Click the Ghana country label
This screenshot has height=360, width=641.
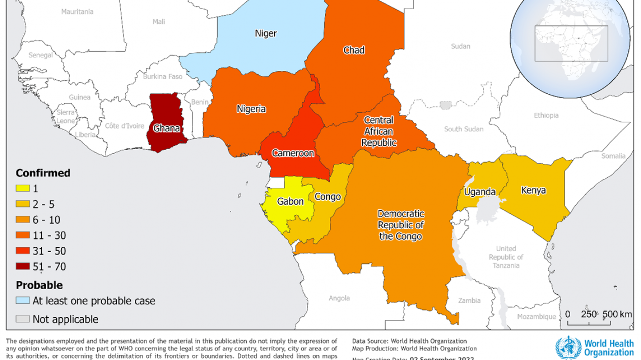166,129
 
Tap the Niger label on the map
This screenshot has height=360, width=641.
266,33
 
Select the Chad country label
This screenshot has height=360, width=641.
354,50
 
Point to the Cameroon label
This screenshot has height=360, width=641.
293,153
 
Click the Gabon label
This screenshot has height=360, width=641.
290,202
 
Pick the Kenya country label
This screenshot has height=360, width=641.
533,191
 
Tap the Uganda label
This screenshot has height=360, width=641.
480,192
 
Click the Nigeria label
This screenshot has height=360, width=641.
251,109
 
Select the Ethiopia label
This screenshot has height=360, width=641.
546,115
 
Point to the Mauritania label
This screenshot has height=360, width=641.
77,12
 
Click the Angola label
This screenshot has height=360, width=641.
339,298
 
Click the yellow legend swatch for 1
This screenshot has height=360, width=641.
22,189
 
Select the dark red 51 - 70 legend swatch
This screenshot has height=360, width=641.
22,266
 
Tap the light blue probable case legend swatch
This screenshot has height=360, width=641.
22,301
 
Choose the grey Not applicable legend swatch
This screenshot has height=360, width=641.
22,319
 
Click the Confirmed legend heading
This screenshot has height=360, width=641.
43,173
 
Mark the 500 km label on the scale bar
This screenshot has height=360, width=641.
615,314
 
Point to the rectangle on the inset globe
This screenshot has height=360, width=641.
571,43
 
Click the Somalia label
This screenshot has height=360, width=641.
613,156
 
